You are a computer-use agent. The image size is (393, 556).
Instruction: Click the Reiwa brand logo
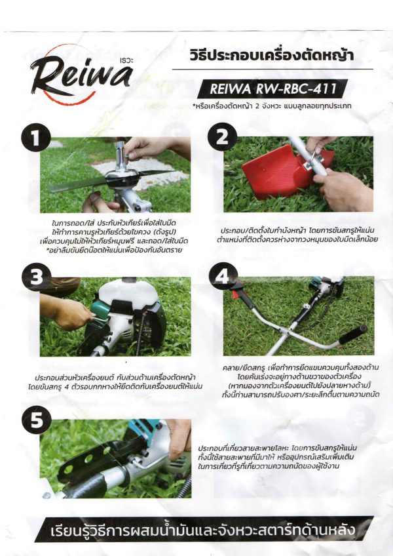click(x=81, y=75)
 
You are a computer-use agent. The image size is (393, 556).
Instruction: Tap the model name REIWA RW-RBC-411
click(x=273, y=89)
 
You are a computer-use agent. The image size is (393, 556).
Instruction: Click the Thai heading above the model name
click(x=272, y=56)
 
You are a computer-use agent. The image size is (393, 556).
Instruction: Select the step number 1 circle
click(x=36, y=138)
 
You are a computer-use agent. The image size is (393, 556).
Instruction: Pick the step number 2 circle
click(x=222, y=137)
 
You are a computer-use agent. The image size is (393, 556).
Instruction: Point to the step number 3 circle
click(x=36, y=277)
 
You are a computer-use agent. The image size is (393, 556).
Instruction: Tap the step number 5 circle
click(x=37, y=420)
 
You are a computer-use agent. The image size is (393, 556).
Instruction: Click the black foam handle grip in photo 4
click(x=353, y=334)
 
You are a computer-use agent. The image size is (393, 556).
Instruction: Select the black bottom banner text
click(x=202, y=530)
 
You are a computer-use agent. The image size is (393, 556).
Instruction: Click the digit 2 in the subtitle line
click(x=257, y=106)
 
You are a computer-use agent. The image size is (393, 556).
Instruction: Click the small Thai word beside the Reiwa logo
click(x=127, y=60)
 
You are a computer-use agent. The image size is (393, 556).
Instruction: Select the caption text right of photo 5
click(x=277, y=457)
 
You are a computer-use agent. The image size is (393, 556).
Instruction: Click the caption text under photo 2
click(x=297, y=235)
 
